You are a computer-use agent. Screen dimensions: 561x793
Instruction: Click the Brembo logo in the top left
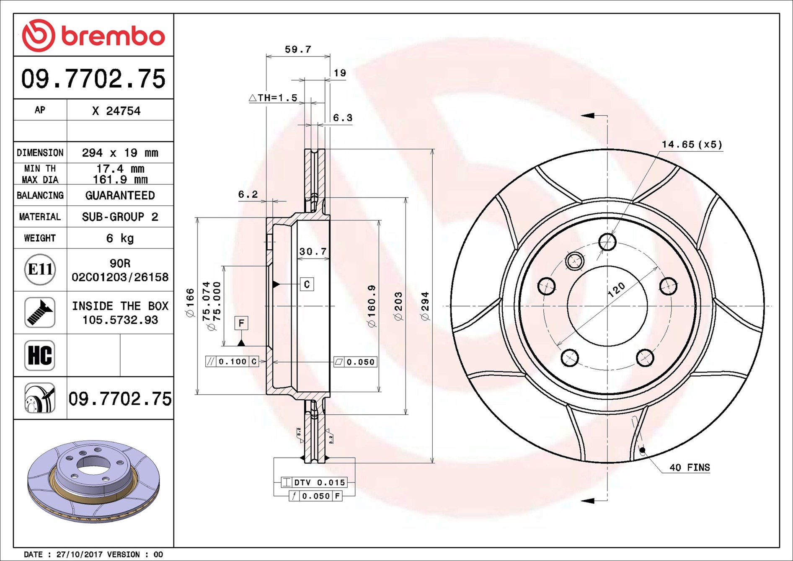pyautogui.click(x=93, y=35)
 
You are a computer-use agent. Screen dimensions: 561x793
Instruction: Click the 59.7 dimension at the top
pyautogui.click(x=298, y=49)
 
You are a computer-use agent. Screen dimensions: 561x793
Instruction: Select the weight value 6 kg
pyautogui.click(x=120, y=238)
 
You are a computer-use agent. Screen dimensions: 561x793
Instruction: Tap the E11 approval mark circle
pyautogui.click(x=40, y=269)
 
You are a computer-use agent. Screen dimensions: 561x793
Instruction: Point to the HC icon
pyautogui.click(x=40, y=355)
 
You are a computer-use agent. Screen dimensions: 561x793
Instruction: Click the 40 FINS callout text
pyautogui.click(x=689, y=467)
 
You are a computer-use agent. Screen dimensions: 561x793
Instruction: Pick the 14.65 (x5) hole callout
pyautogui.click(x=692, y=145)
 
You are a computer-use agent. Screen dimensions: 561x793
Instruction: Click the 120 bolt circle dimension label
pyautogui.click(x=616, y=290)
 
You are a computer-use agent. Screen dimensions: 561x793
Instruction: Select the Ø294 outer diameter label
pyautogui.click(x=425, y=306)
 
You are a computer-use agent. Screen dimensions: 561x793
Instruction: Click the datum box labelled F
pyautogui.click(x=241, y=323)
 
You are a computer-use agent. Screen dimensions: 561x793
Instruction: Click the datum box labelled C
pyautogui.click(x=307, y=284)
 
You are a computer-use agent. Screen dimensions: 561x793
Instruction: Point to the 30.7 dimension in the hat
pyautogui.click(x=313, y=251)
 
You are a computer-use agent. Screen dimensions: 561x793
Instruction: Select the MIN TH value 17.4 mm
pyautogui.click(x=120, y=168)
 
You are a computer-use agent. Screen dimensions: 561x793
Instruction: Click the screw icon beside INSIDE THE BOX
pyautogui.click(x=40, y=313)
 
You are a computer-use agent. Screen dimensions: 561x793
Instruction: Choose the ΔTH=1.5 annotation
pyautogui.click(x=273, y=98)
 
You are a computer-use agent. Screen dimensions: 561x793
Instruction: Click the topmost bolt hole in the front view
pyautogui.click(x=607, y=242)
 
